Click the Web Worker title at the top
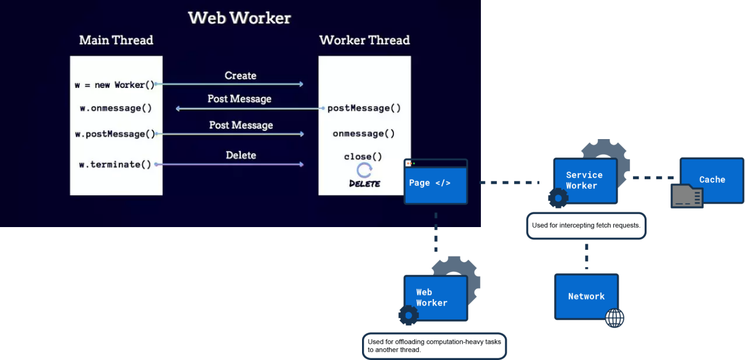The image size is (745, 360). pyautogui.click(x=239, y=18)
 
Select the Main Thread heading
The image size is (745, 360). pyautogui.click(x=116, y=40)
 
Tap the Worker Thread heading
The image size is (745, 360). pyautogui.click(x=364, y=40)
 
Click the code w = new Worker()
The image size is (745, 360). pyautogui.click(x=115, y=85)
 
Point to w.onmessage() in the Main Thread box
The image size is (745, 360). pyautogui.click(x=116, y=108)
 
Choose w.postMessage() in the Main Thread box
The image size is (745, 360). pyautogui.click(x=115, y=134)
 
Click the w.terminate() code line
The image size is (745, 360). pyautogui.click(x=115, y=164)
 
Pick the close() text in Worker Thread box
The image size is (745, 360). pyautogui.click(x=363, y=156)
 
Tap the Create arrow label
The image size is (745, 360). pyautogui.click(x=241, y=76)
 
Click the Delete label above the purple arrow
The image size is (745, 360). pyautogui.click(x=241, y=155)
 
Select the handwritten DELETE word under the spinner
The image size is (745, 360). pyautogui.click(x=364, y=183)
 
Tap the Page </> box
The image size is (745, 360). pyautogui.click(x=436, y=182)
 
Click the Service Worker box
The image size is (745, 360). pyautogui.click(x=586, y=180)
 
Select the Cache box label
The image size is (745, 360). pyautogui.click(x=712, y=180)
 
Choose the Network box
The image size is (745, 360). pyautogui.click(x=586, y=297)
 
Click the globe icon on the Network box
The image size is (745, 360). pyautogui.click(x=614, y=318)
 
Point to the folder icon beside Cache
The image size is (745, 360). pyautogui.click(x=687, y=196)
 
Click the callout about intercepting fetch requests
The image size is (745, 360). pyautogui.click(x=586, y=226)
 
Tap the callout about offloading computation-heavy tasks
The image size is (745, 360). pyautogui.click(x=434, y=346)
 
